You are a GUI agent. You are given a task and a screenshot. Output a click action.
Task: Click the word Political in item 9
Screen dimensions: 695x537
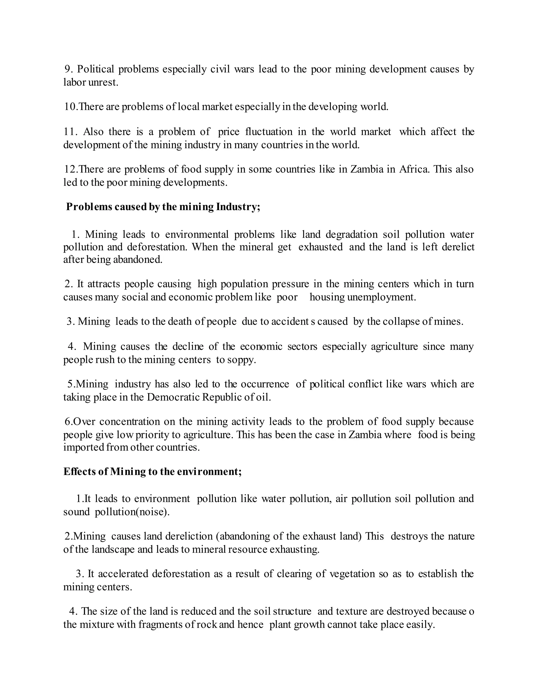pyautogui.click(x=95, y=69)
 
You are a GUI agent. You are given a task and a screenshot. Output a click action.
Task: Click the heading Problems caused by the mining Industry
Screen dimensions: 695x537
pyautogui.click(x=163, y=207)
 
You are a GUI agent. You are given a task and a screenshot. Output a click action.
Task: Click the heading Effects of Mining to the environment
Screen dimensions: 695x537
pyautogui.click(x=152, y=472)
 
